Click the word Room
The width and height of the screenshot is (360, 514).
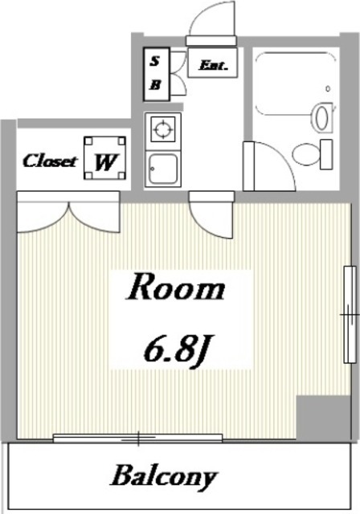[175, 287]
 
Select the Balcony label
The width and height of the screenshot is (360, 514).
[164, 477]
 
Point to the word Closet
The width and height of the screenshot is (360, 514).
[49, 161]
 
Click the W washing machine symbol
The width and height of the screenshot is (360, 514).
[105, 158]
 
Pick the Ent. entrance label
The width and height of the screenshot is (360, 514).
[213, 65]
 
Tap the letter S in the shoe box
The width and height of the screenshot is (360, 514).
[155, 61]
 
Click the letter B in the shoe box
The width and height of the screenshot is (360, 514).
[155, 85]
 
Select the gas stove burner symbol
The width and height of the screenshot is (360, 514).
[163, 128]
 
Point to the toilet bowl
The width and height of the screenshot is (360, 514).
[306, 154]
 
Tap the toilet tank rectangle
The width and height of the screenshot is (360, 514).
[326, 154]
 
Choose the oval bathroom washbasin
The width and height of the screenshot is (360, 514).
[321, 117]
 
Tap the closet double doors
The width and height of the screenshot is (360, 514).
[68, 214]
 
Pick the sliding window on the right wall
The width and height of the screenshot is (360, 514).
[350, 314]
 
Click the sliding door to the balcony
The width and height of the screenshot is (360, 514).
[137, 438]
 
